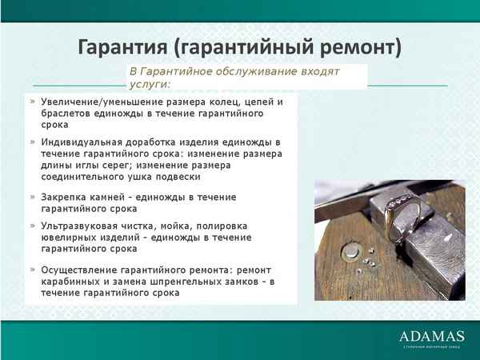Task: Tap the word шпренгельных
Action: [178, 282]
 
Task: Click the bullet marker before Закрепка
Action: [32, 197]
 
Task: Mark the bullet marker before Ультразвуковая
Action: [32, 226]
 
